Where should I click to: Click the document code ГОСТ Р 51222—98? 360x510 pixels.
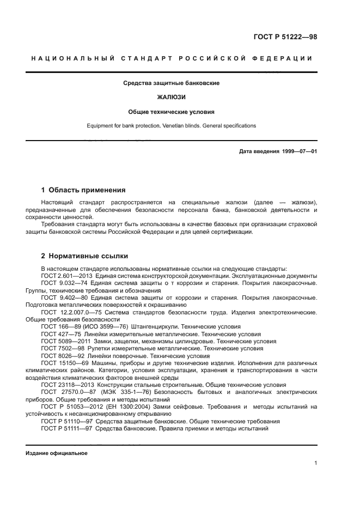285,38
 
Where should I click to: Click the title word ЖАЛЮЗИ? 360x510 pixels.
171,97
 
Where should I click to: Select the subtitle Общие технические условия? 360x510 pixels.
171,112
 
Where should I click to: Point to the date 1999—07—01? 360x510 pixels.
298,151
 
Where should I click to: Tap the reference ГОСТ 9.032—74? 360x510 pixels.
64,283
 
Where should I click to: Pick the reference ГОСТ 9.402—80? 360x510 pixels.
64,298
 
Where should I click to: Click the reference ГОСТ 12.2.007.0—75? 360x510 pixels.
72,312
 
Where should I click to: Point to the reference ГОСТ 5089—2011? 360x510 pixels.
64,341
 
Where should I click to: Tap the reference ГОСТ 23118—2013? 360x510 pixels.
66,385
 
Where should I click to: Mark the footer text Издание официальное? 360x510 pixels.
57,453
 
